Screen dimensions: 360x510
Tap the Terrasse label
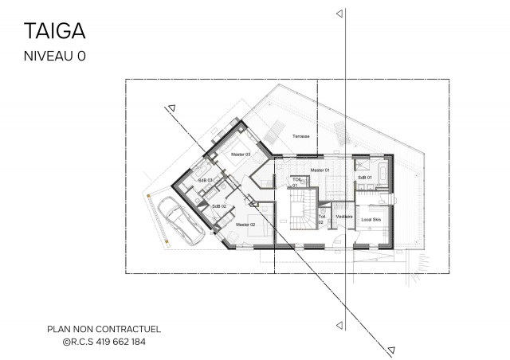300,135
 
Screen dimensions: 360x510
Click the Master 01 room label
320,170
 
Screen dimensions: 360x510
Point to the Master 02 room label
245,225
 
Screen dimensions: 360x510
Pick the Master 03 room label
241,154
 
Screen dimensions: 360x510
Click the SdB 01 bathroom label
365,177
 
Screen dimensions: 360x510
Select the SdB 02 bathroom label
219,206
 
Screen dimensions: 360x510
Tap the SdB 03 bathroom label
205,181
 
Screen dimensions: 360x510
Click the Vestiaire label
343,216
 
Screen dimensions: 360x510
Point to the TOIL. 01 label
296,182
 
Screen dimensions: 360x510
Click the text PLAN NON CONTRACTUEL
93,327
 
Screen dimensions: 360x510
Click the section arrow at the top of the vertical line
339,14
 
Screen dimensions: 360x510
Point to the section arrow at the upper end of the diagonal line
170,109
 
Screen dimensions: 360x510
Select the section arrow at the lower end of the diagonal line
392,347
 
